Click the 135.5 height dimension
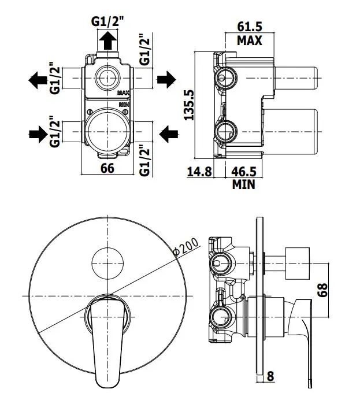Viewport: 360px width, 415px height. pos(190,105)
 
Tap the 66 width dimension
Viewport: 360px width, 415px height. pos(107,168)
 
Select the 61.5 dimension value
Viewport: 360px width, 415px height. pos(250,27)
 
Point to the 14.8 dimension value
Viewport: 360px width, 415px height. pos(199,172)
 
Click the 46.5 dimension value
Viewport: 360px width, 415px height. pos(244,172)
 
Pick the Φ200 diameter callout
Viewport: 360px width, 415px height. pos(186,247)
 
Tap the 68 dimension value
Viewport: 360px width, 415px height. pos(322,290)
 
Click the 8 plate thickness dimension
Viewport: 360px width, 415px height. pos(270,376)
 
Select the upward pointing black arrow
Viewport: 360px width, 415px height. pos(107,40)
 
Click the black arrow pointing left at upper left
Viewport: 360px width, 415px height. pos(38,80)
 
